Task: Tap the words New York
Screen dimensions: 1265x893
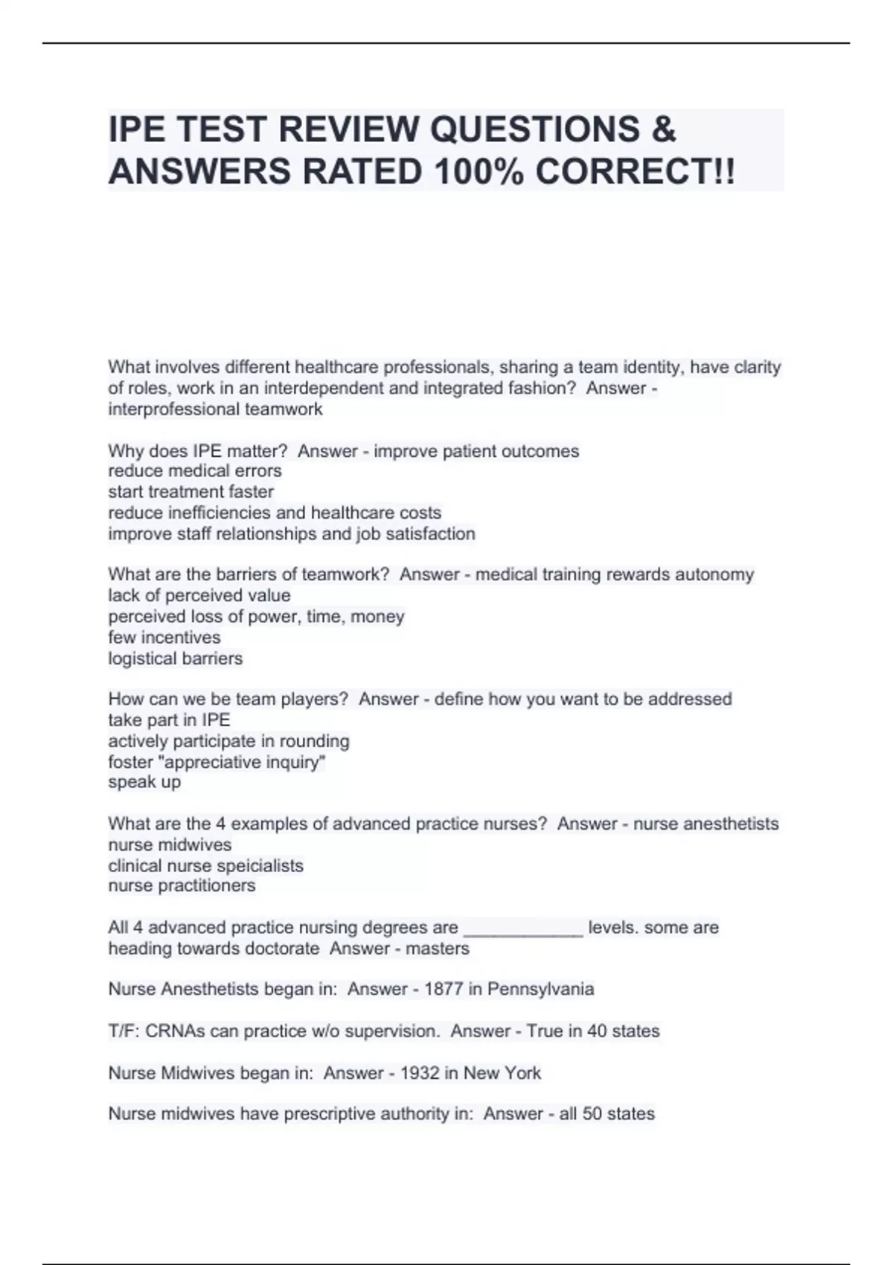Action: click(502, 1073)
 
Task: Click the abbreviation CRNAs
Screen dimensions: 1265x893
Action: click(175, 1031)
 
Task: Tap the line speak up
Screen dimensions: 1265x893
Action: click(144, 782)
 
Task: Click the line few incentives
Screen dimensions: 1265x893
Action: click(164, 638)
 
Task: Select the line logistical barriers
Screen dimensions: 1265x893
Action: click(176, 659)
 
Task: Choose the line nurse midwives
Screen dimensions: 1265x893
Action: click(170, 845)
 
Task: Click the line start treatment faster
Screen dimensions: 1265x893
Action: click(191, 492)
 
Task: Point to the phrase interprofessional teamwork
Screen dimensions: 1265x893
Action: click(216, 409)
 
